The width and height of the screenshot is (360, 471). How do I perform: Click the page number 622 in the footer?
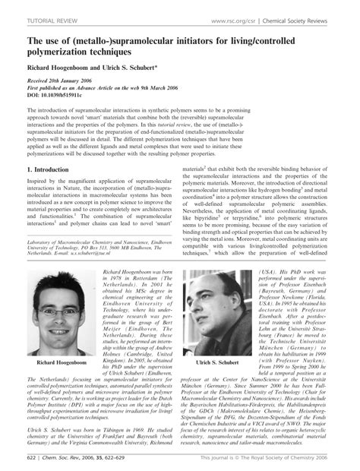32,460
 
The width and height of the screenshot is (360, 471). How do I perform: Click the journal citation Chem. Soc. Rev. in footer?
66,460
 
